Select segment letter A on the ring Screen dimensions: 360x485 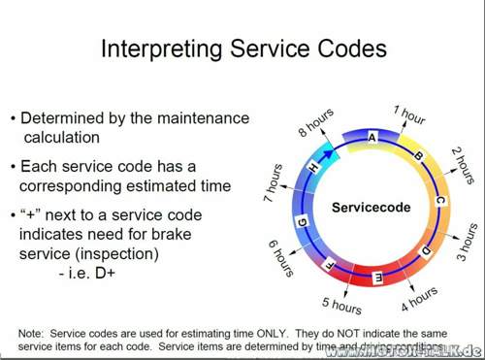tap(372, 138)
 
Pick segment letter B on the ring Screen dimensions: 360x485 tap(418, 155)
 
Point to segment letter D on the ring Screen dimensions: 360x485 tap(425, 251)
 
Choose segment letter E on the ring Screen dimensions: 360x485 tap(377, 277)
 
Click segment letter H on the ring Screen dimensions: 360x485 tap(311, 168)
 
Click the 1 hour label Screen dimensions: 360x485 tap(409, 115)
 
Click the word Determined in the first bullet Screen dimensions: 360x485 tap(69, 118)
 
